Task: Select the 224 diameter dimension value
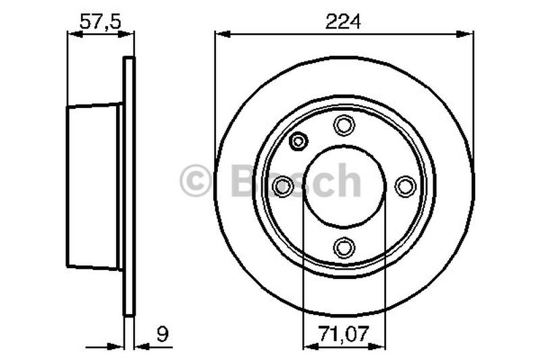[344, 22]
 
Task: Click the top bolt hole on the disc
[345, 124]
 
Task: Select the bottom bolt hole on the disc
[345, 247]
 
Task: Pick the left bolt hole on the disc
[284, 186]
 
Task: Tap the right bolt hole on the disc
[406, 186]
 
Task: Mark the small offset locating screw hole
[297, 142]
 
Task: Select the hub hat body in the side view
[93, 186]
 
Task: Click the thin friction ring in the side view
[130, 186]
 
